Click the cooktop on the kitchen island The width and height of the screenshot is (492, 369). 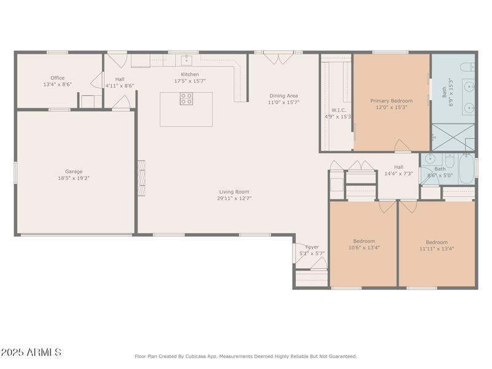click(186, 99)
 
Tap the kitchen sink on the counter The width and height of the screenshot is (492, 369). click(186, 60)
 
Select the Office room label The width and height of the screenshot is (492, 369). click(57, 78)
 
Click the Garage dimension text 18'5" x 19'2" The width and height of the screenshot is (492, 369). click(74, 178)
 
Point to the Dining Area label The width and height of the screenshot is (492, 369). click(283, 95)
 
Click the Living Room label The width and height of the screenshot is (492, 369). click(234, 191)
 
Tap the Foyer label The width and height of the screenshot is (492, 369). click(312, 247)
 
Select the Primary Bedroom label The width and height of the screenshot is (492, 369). click(391, 100)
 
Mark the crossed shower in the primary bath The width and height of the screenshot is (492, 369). click(453, 137)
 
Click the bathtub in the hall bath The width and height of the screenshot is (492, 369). click(467, 169)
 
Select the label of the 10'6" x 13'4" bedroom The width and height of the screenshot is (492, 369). click(363, 241)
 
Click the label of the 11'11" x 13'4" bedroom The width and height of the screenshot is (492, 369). click(437, 242)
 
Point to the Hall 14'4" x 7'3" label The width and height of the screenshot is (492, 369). click(399, 167)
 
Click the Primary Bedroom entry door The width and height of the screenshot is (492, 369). click(402, 146)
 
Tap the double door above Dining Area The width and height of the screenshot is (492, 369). click(274, 58)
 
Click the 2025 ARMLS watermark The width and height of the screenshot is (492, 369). click(31, 352)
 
